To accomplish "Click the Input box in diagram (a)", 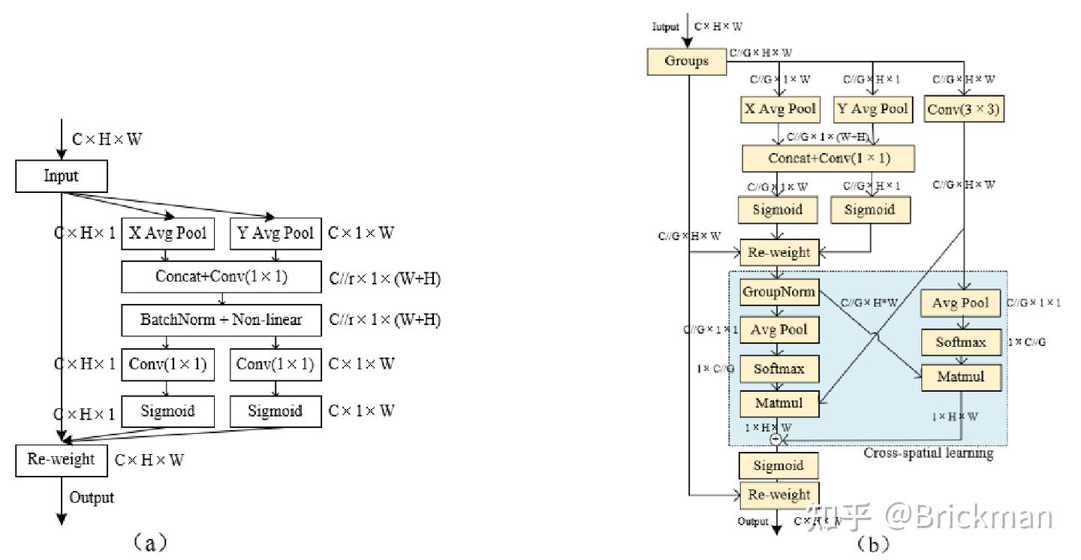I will (x=62, y=177).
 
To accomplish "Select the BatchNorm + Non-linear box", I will (x=221, y=320).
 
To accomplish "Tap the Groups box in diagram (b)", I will (x=687, y=62).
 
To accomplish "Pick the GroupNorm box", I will (x=778, y=291).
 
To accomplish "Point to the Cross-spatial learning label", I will (x=928, y=453).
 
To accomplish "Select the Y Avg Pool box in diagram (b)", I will (x=872, y=109).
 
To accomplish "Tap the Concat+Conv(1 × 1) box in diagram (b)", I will (x=828, y=159).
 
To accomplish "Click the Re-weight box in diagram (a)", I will (x=62, y=459).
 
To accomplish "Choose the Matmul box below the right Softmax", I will (x=960, y=377).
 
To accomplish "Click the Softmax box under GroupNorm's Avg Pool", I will (x=778, y=369).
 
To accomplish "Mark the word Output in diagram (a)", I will (x=92, y=497).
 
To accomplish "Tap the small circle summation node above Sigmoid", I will (x=776, y=439).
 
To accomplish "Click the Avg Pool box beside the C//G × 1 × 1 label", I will (x=960, y=303).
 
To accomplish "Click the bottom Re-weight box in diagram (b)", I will (x=778, y=494).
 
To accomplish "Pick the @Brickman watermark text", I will (x=968, y=518).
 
